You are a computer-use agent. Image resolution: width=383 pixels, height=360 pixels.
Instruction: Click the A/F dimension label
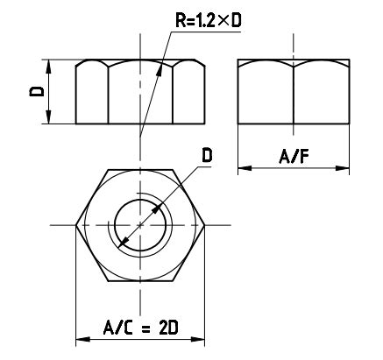click(x=293, y=157)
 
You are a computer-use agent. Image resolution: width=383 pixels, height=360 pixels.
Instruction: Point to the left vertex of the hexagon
click(x=77, y=225)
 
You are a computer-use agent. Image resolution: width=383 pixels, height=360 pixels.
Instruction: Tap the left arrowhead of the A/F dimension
click(x=244, y=169)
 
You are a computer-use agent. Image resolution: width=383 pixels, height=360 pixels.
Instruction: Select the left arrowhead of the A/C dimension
click(x=82, y=338)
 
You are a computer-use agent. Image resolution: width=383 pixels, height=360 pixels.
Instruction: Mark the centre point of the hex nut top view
click(x=140, y=225)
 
